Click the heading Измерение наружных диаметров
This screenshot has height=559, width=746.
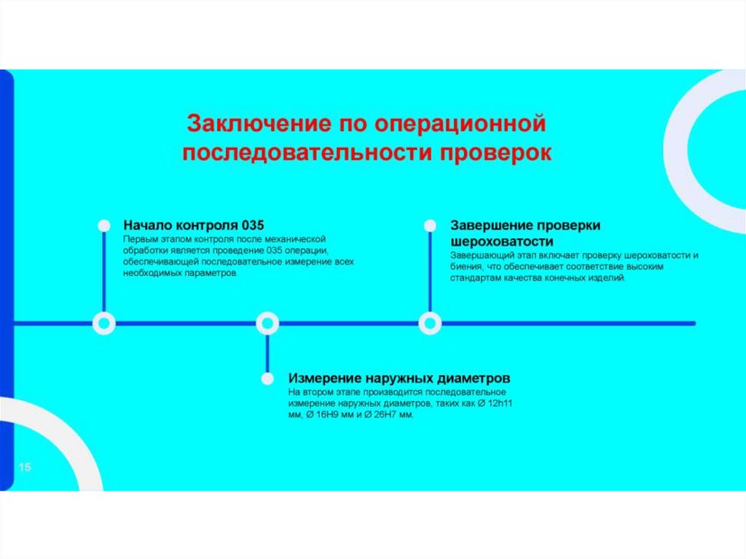[x=399, y=378]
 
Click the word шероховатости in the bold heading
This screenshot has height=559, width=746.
[x=502, y=241]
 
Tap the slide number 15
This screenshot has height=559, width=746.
[x=25, y=467]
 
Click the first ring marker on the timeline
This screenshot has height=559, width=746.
[x=104, y=323]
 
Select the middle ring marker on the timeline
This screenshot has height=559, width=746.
[x=267, y=323]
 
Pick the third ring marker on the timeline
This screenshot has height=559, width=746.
[x=430, y=323]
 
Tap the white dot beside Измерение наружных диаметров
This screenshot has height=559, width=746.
[x=267, y=379]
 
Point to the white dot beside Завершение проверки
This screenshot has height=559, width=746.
[x=430, y=225]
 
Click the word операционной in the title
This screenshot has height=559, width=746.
[x=460, y=122]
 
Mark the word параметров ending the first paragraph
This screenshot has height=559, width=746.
[x=212, y=273]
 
